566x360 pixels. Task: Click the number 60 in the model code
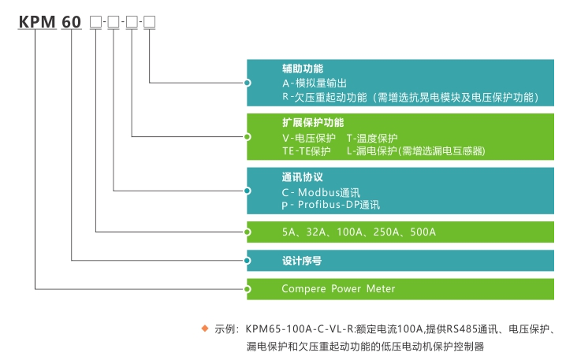72,22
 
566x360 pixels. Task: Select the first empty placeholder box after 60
95,22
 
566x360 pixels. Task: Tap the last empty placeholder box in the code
149,22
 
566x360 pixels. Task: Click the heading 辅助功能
303,69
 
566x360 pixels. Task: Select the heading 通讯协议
303,177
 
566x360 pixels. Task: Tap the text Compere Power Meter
338,288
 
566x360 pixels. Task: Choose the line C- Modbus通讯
321,191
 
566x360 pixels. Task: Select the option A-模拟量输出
315,83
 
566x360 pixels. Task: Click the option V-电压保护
309,137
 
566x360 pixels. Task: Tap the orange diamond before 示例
205,327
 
